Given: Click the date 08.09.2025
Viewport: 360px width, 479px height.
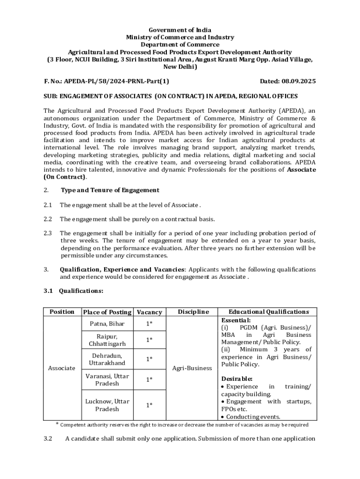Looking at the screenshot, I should click(x=298, y=81).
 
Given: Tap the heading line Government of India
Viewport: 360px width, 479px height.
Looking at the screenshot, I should click(x=180, y=30).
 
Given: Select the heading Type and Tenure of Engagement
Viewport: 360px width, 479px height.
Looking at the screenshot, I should click(x=110, y=190).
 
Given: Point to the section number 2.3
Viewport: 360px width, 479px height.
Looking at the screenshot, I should click(x=48, y=233).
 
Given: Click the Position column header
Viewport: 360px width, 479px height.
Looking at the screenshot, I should click(x=62, y=312).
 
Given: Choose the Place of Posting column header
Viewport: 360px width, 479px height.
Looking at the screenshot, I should click(x=107, y=312).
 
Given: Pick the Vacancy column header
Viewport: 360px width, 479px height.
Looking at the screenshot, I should click(x=149, y=312).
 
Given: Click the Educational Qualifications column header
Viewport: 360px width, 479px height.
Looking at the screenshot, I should click(x=268, y=312).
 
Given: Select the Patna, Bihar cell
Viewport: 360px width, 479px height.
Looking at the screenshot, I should click(x=107, y=324).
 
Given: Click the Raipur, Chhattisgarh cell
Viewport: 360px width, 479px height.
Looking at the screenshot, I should click(x=107, y=340).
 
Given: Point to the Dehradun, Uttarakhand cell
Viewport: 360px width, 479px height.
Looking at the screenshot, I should click(x=107, y=359).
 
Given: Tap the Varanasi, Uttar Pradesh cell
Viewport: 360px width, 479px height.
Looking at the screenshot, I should click(x=107, y=379).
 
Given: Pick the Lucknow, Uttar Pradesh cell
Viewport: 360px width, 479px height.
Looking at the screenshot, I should click(x=107, y=405).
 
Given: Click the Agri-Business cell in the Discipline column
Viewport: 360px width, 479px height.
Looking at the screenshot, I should click(x=192, y=368).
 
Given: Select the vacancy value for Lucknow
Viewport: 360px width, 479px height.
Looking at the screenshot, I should click(x=149, y=405).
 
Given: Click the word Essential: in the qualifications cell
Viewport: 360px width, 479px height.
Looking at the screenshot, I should click(x=237, y=320).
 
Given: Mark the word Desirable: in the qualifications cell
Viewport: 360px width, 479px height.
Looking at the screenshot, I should click(x=237, y=378).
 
